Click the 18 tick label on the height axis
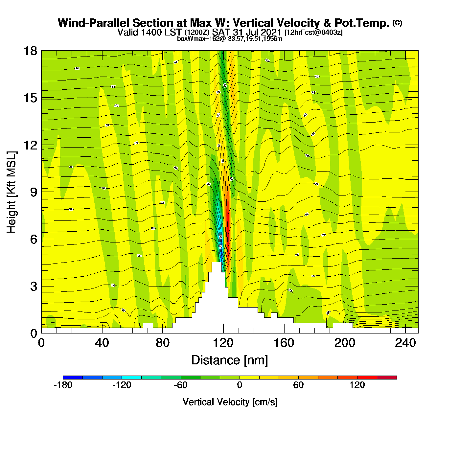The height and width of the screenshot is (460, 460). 30,51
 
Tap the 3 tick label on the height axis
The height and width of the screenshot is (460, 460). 34,287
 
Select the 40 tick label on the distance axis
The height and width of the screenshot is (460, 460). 102,343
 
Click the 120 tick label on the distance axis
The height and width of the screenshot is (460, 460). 223,343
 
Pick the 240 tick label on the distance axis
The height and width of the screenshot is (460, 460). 405,343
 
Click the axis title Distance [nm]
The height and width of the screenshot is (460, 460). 230,360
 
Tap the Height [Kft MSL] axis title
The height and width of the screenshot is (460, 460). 11,192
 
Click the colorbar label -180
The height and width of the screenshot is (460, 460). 63,385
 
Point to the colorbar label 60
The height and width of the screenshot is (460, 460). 298,385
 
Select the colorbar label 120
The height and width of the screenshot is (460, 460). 357,385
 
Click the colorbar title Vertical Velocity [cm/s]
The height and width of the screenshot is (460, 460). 230,402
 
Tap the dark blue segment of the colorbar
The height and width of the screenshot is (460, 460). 73,378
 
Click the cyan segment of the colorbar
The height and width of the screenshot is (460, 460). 131,378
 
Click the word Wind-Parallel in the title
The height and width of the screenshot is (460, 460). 94,23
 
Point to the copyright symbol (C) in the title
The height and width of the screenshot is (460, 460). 397,23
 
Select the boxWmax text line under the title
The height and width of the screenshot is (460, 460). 230,38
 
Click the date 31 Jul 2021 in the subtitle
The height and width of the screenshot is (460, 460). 257,32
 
